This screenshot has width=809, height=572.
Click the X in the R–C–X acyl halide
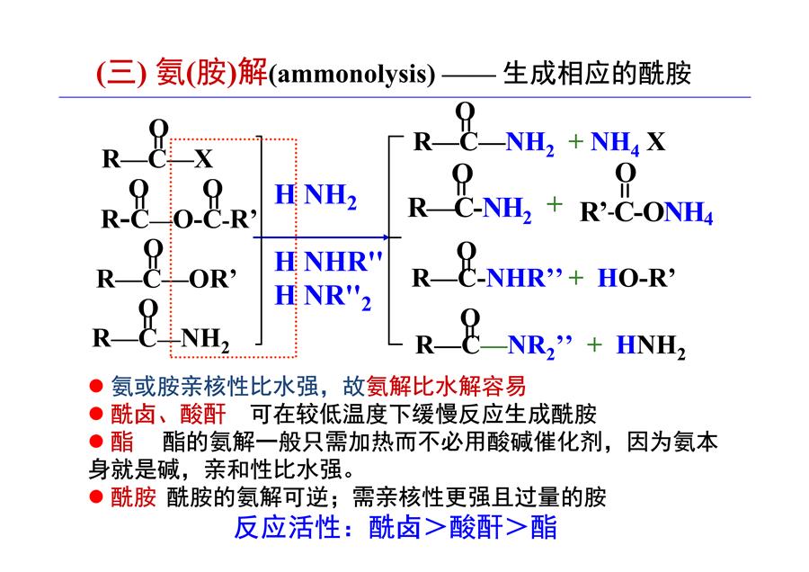pos(203,158)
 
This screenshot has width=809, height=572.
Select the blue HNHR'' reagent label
pos(328,261)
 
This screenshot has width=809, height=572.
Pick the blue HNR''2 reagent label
pos(323,296)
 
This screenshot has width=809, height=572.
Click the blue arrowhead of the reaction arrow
pos(386,237)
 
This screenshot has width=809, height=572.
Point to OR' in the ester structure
pos(212,279)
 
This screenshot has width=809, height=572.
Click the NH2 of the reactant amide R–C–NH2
pos(205,340)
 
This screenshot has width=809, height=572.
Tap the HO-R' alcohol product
pos(636,278)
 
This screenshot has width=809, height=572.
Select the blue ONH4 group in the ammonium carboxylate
pos(678,212)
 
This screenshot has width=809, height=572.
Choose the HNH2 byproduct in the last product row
pos(651,345)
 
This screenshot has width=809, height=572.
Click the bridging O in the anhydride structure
pos(182,220)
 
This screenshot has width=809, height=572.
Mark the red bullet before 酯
pos(96,442)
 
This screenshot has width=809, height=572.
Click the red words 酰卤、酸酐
pos(168,414)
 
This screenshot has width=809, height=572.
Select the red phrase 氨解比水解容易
pos(446,386)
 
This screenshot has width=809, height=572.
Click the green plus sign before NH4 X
pos(575,141)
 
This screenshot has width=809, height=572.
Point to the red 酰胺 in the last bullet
pos(133,497)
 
